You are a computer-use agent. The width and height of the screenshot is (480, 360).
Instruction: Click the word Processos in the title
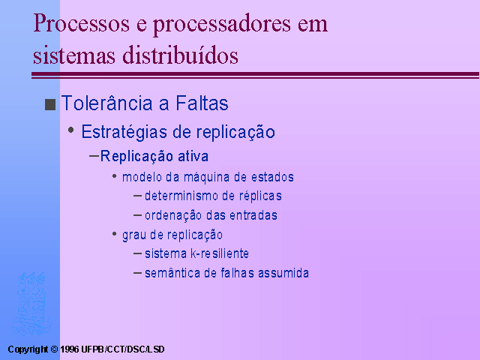[x=82, y=23]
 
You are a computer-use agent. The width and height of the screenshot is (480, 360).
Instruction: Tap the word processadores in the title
[x=222, y=25]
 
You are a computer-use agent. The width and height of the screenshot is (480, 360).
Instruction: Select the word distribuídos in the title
[x=180, y=55]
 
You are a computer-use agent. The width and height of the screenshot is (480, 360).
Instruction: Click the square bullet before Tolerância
[x=50, y=104]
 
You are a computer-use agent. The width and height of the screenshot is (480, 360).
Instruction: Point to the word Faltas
[x=202, y=103]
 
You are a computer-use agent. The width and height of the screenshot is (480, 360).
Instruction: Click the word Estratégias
[x=124, y=132]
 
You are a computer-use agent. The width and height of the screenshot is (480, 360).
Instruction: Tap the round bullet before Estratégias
[x=71, y=130]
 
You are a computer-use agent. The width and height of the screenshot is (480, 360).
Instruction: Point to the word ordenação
[x=173, y=215]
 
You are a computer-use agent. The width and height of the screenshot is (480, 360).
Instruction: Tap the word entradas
[x=253, y=215]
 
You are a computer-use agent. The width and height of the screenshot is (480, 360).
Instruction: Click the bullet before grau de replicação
[x=115, y=234]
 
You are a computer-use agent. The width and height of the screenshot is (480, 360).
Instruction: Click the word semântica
[x=172, y=273]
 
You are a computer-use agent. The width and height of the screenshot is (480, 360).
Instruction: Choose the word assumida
[x=283, y=273]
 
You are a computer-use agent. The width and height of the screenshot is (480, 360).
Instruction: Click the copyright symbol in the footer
[x=54, y=349]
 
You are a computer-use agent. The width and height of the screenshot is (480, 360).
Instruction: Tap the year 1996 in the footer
[x=70, y=349]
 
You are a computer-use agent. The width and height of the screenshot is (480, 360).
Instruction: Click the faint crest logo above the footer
[x=31, y=304]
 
